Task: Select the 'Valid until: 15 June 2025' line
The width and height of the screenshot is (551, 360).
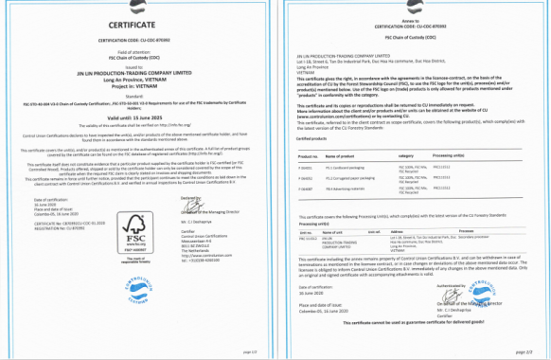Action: (x=138, y=118)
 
